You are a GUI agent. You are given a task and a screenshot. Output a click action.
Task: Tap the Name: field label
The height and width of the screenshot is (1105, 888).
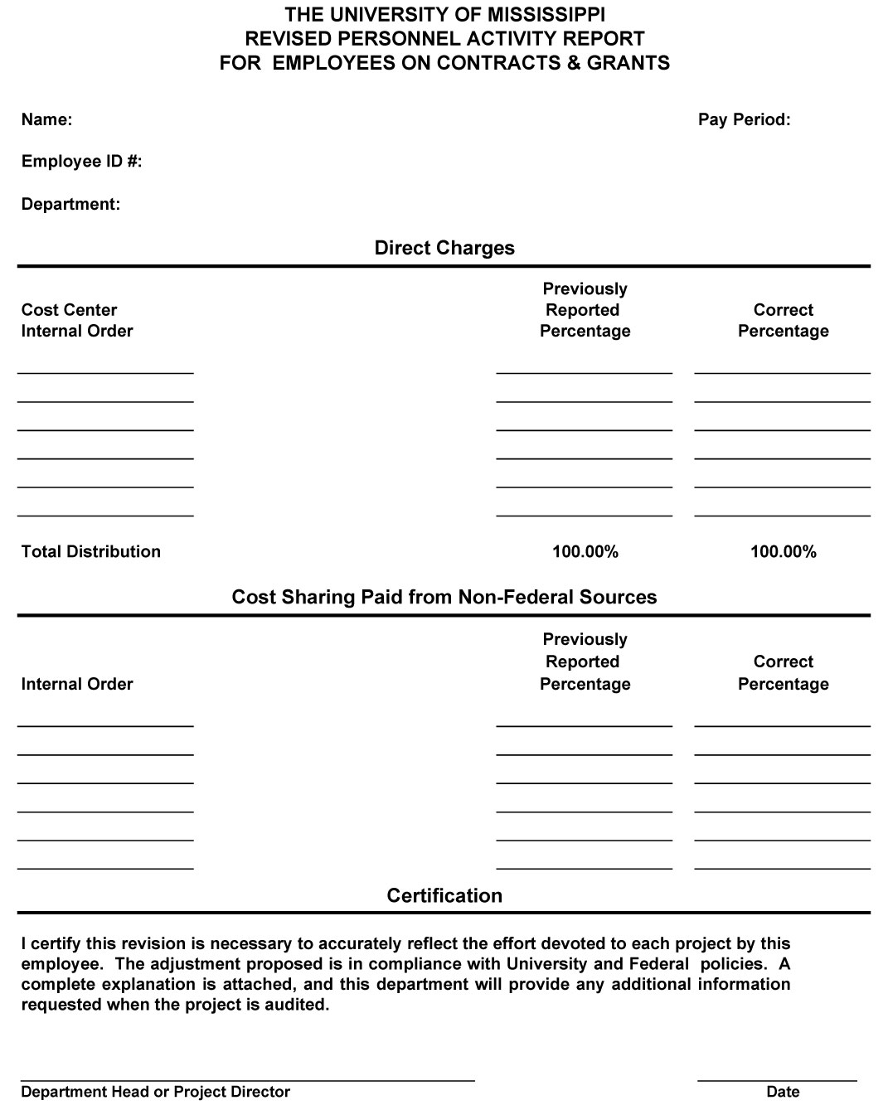coord(46,119)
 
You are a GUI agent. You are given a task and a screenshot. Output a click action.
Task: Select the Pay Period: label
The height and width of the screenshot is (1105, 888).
coord(744,119)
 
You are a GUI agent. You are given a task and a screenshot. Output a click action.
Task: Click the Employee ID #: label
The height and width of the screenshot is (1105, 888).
coord(81,162)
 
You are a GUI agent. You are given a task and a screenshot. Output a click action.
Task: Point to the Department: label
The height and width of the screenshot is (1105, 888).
coord(70,204)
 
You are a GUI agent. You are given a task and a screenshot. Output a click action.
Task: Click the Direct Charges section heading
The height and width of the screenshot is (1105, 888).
coord(444,248)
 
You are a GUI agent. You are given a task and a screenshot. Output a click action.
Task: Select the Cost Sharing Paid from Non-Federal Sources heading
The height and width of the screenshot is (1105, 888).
coord(444,597)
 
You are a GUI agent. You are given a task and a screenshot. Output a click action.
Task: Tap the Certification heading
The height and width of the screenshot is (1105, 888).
coord(444,895)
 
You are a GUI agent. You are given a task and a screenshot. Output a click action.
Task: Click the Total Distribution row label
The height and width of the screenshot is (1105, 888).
coord(91,551)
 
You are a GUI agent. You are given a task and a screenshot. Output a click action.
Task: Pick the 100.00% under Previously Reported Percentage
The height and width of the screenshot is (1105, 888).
coord(585,551)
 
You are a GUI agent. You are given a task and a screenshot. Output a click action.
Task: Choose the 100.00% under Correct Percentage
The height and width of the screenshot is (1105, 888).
coord(784,551)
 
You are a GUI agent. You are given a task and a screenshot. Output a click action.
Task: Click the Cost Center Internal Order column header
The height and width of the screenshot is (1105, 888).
coord(77,320)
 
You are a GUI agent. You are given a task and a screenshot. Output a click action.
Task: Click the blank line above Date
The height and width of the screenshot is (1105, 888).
coord(777,1080)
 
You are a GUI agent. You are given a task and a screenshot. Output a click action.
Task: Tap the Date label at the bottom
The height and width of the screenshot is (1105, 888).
coord(783,1092)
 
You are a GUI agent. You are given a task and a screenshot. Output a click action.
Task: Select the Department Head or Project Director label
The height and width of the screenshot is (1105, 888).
coord(156,1092)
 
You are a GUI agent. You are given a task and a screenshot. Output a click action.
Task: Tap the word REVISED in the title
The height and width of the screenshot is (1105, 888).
coord(279,39)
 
